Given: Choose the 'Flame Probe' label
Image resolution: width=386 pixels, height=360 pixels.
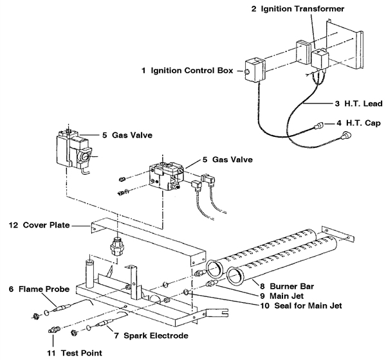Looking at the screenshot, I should (34, 289).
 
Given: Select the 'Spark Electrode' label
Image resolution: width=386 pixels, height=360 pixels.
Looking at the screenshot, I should (151, 336).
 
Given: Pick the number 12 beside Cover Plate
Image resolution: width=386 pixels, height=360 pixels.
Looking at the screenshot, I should (13, 226).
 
